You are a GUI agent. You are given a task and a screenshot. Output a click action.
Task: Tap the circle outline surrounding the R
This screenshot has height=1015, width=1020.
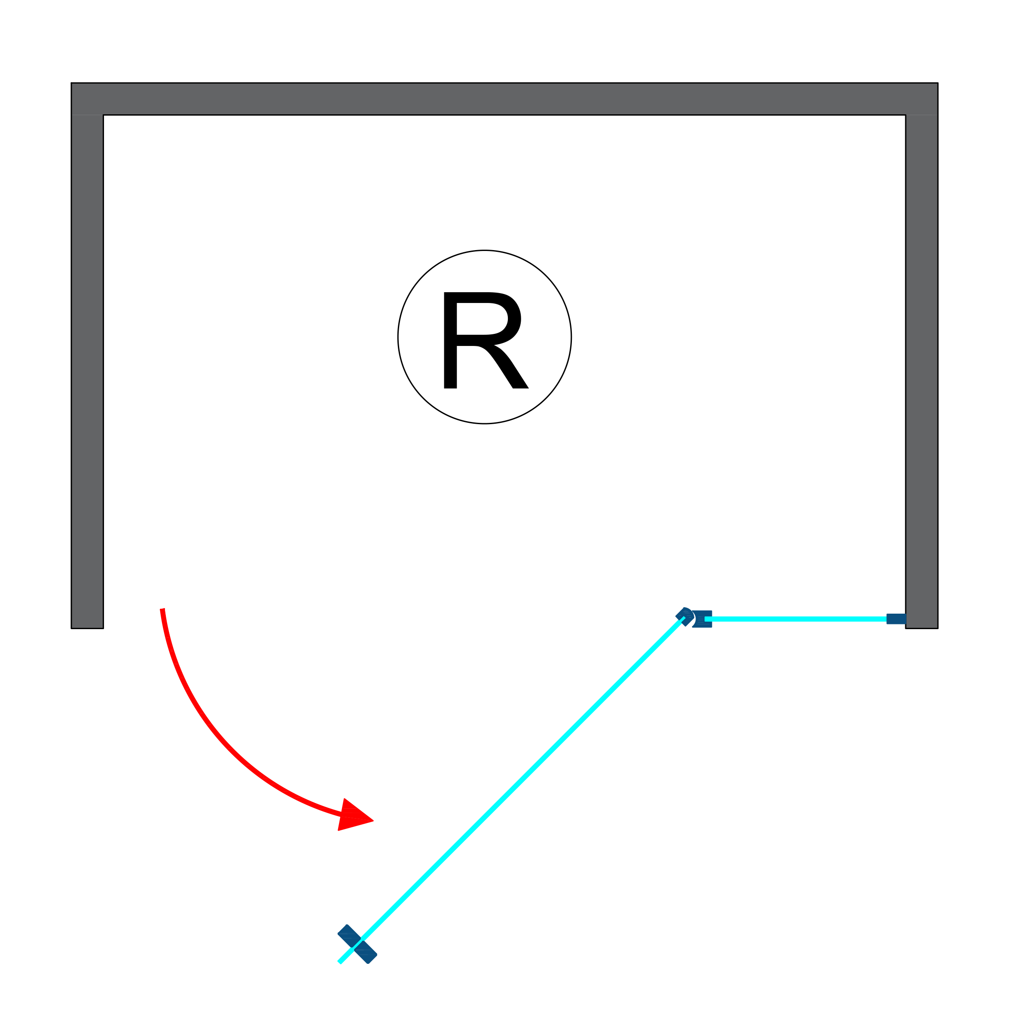coord(398,337)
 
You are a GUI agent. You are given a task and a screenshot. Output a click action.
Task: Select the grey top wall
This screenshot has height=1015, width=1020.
coord(504,99)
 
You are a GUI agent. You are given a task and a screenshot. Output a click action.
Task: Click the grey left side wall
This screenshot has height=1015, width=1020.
coord(87,370)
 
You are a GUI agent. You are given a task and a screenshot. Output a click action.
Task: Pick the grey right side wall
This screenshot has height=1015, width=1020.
coord(921,370)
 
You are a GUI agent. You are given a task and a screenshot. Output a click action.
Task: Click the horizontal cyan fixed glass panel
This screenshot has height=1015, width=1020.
coord(797,619)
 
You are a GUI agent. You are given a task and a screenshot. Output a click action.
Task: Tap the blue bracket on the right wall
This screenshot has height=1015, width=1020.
coord(896,619)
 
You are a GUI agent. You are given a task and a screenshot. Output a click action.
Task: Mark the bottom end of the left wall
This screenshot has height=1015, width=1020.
coord(87,627)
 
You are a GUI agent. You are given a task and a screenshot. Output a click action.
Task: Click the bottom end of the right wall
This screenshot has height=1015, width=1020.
coord(921,627)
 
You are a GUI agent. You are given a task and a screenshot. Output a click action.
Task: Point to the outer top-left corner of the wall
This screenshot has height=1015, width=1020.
coord(72,83)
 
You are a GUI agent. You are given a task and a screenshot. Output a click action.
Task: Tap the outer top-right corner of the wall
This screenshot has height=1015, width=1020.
coord(937,83)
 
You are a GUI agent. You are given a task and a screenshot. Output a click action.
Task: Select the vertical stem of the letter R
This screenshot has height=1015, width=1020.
coord(450,341)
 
